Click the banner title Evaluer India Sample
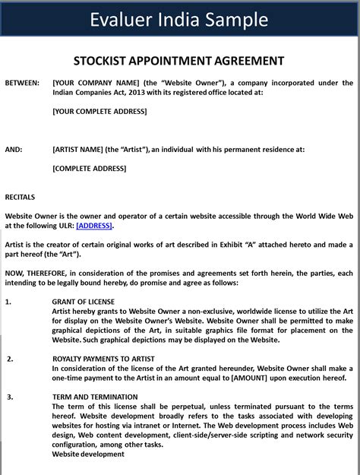coord(179,19)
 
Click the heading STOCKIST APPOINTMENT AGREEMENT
coord(179,61)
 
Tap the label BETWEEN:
coord(22,83)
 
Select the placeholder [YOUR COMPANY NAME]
coord(95,83)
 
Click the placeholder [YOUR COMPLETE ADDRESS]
coord(99,111)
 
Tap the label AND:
coord(14,150)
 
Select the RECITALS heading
coord(21,197)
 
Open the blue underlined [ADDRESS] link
coord(94,226)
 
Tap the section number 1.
coord(8,302)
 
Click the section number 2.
coord(10,359)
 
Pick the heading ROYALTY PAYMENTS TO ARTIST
coord(104,359)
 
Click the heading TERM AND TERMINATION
coord(95,397)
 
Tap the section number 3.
coord(10,397)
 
